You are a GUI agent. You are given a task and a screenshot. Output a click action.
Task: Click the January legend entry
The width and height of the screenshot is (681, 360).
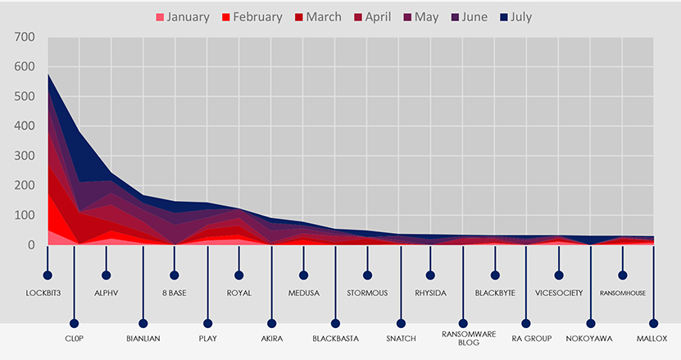[183, 17]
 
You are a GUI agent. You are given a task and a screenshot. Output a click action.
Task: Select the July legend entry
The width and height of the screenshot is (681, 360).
[515, 17]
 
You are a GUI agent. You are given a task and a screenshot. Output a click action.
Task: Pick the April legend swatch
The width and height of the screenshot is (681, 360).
[358, 18]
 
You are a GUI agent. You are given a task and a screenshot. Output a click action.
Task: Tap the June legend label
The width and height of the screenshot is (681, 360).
[474, 17]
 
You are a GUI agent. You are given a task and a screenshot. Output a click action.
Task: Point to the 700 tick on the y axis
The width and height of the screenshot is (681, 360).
[25, 37]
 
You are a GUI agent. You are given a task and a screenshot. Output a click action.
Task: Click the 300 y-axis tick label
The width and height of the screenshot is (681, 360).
[25, 156]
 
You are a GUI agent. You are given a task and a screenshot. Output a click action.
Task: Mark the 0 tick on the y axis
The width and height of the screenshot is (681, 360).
[31, 244]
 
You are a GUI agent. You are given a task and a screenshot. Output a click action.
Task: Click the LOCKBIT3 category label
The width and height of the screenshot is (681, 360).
[43, 293]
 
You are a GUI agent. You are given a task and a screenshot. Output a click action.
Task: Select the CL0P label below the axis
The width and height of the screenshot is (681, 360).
[74, 338]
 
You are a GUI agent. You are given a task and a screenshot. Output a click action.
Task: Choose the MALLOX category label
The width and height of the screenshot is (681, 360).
[651, 338]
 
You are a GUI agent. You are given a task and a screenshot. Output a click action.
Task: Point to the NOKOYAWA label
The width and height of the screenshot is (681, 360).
[589, 338]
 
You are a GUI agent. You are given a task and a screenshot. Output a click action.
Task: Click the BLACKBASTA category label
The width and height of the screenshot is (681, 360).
[336, 338]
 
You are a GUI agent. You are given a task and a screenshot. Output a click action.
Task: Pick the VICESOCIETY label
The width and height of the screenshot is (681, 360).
[559, 293]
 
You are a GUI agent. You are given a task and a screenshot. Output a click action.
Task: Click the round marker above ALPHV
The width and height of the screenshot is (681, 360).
[106, 276]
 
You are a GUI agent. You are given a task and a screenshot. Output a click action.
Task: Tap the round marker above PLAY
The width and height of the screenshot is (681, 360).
[207, 323]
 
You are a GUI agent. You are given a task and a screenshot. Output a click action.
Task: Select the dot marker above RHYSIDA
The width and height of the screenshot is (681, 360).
[430, 276]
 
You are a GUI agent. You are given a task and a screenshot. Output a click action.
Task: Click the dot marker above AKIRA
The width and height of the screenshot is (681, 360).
[271, 323]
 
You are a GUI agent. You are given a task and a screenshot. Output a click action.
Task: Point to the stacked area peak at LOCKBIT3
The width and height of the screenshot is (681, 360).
[48, 75]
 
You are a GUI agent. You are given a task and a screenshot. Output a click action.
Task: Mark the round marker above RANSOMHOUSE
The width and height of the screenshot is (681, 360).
[622, 276]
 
